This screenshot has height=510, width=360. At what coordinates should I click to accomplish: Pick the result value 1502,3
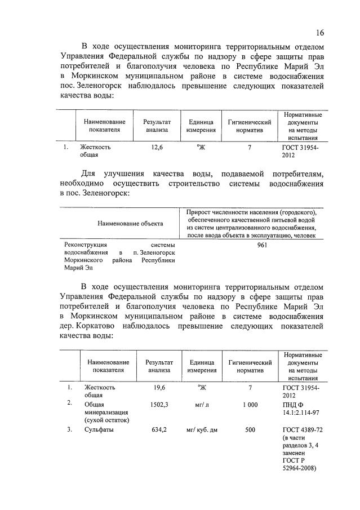tap(159, 404)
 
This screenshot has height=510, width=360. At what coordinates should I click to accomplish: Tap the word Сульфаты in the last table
tap(99, 430)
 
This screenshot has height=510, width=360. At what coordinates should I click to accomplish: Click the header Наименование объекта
tap(130, 223)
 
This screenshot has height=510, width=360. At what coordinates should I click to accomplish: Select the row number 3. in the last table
tap(69, 430)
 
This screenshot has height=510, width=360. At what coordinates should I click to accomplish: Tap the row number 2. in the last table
tap(69, 403)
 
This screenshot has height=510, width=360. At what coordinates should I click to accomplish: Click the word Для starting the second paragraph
tap(89, 173)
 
